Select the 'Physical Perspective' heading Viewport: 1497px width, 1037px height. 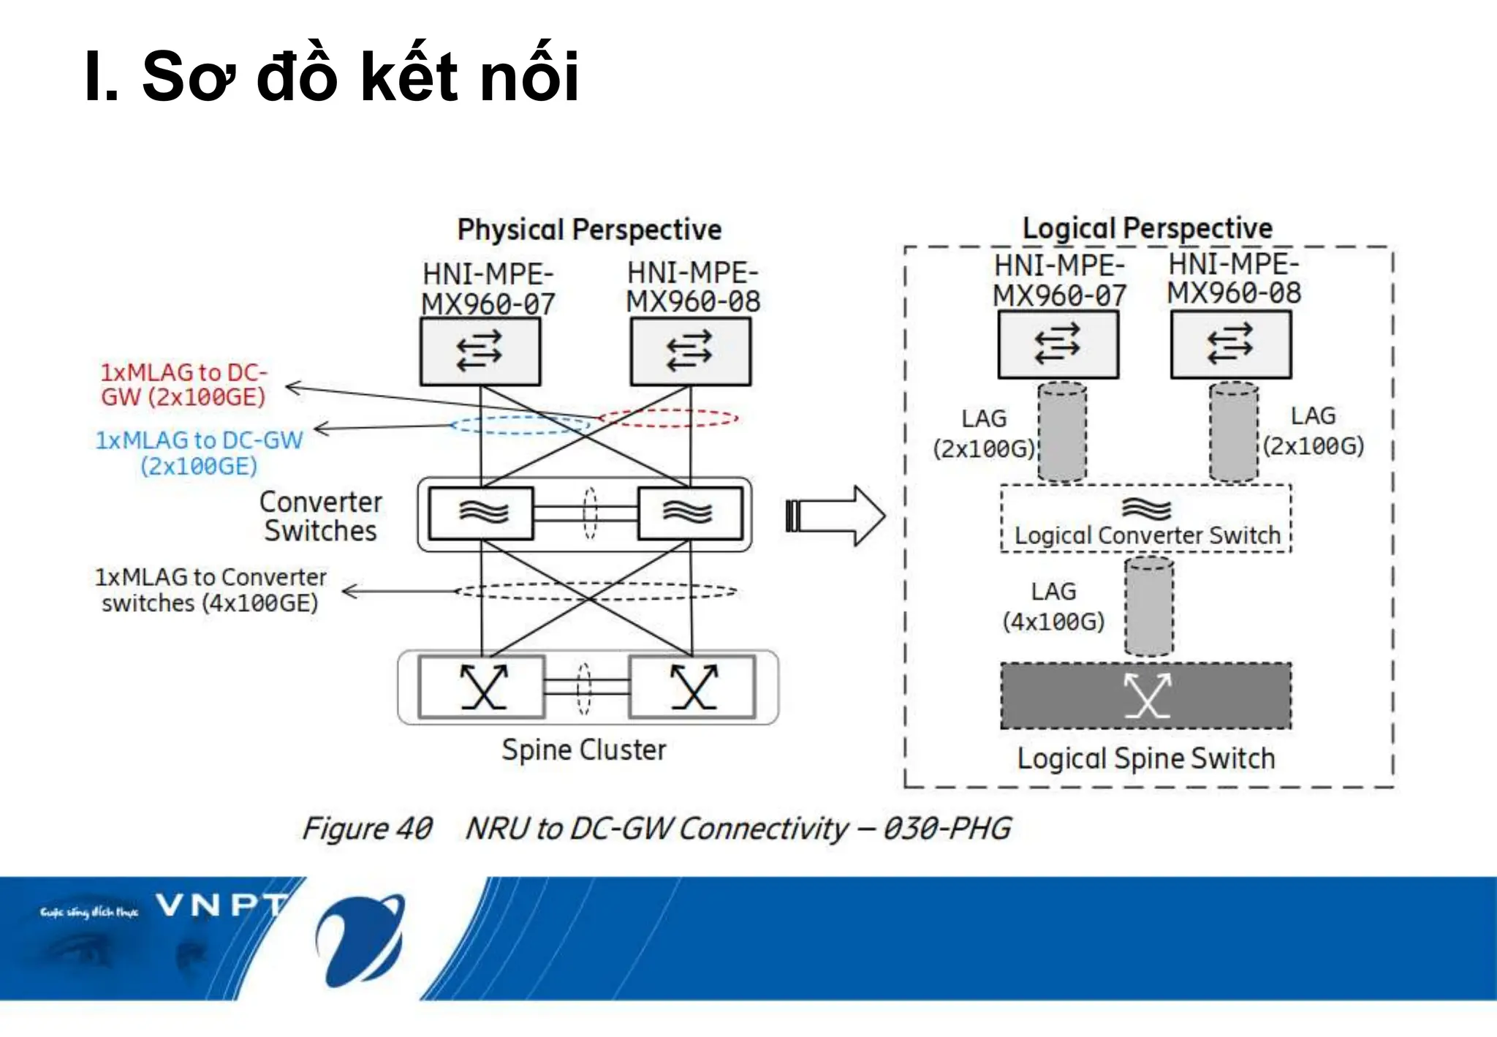589,230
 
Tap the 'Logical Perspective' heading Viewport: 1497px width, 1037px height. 1147,228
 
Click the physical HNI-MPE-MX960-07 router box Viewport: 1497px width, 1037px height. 480,352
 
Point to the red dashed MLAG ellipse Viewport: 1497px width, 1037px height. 669,418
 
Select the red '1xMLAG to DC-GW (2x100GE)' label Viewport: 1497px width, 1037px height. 183,385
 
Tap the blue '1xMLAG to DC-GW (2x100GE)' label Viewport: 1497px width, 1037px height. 199,453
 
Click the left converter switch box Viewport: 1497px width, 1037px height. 482,513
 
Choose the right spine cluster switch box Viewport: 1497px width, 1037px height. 692,687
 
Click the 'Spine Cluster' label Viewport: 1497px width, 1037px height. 583,750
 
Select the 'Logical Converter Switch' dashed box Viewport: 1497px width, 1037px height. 1145,519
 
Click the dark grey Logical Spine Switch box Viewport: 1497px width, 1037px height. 1145,695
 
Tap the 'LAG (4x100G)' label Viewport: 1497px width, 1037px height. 1053,606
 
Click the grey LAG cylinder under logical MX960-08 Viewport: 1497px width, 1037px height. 1233,431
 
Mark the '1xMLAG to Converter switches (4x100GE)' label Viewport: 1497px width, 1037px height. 211,590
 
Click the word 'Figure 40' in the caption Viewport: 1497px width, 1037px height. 368,829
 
